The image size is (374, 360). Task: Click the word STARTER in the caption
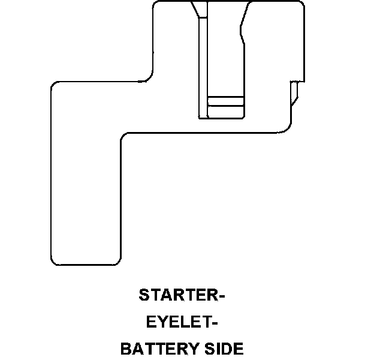click(x=177, y=296)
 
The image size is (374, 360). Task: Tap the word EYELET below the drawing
click(x=177, y=322)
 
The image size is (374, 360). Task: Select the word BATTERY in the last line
click(x=158, y=349)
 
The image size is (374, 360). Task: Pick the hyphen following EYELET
click(x=213, y=323)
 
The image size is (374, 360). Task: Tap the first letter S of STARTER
click(x=144, y=296)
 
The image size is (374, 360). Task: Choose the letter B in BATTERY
click(x=126, y=349)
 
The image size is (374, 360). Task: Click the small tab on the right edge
click(x=294, y=93)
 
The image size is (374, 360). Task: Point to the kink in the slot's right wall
click(x=242, y=33)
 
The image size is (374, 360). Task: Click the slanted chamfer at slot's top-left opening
click(x=195, y=10)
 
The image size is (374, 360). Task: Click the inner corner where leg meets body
click(x=124, y=137)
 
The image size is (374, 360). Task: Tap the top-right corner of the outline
click(x=301, y=5)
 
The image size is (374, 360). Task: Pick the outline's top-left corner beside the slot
click(x=156, y=5)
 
